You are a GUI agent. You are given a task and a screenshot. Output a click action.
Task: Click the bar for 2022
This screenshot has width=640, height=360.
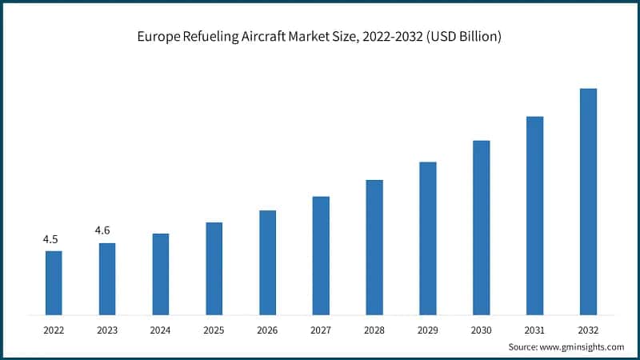[54, 282]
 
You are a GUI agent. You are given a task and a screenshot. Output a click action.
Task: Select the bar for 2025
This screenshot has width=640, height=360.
[214, 268]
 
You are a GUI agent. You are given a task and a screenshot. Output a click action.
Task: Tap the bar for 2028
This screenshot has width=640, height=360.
[374, 246]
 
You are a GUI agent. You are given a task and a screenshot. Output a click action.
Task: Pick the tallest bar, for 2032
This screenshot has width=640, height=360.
[588, 201]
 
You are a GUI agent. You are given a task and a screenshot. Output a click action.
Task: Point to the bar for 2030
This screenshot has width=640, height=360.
[481, 227]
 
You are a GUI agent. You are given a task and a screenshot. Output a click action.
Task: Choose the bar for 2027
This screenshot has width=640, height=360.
[321, 255]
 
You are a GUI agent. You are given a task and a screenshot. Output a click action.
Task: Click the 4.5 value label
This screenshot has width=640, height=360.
[50, 239]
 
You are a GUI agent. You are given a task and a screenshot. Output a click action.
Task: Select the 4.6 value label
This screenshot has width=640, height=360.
[102, 230]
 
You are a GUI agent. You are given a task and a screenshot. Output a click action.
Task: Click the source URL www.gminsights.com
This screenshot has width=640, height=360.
[584, 346]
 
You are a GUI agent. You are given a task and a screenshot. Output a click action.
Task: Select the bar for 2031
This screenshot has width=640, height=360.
[534, 215]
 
